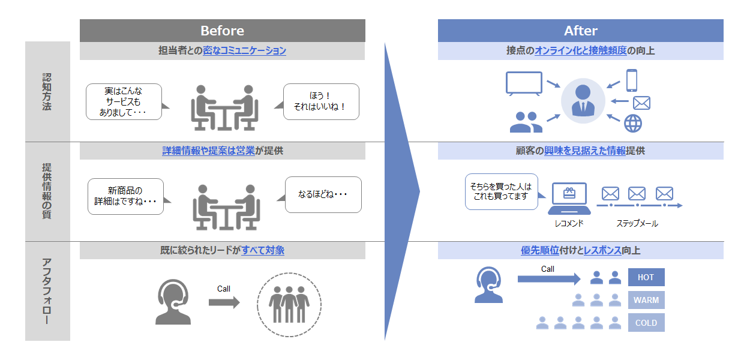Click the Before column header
coord(222,31)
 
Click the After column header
coord(580,31)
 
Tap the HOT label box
coord(646,277)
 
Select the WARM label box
coord(646,300)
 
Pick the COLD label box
coord(646,323)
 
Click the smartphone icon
coord(631,80)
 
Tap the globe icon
coord(633,123)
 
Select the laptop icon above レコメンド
coord(569,200)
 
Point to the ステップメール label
coord(637,223)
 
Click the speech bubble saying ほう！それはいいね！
coord(320,101)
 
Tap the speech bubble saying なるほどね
coord(323,194)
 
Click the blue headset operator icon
coord(490,284)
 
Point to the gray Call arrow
coord(224,302)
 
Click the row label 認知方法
coord(47,91)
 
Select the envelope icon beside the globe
coord(641,103)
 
